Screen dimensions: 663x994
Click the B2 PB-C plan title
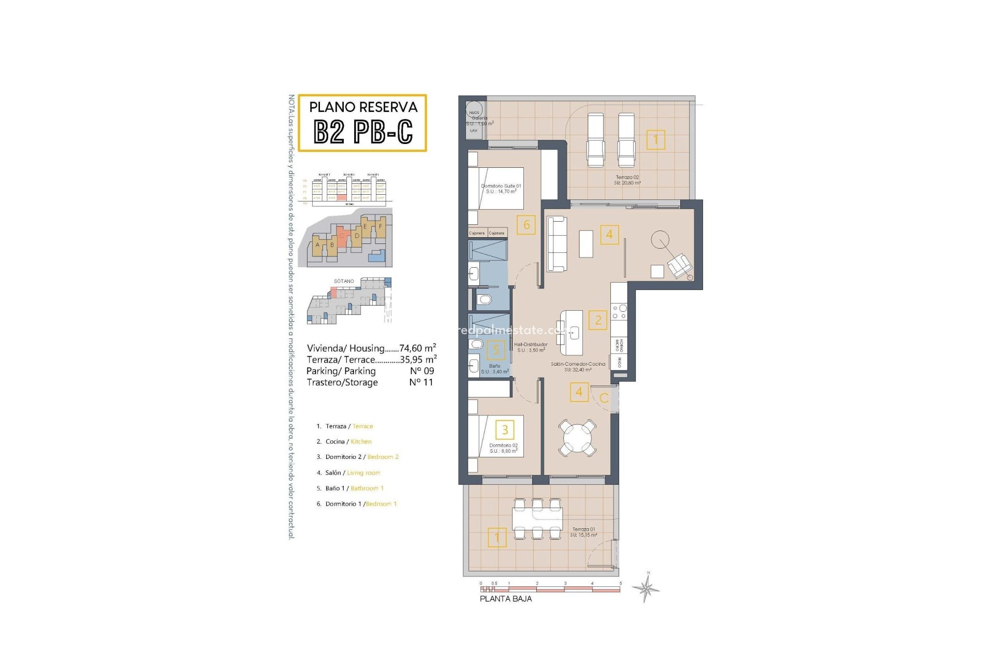click(x=363, y=132)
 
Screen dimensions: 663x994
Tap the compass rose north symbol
click(x=646, y=588)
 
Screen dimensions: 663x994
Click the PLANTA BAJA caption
click(x=505, y=599)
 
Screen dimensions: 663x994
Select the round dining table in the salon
click(x=577, y=438)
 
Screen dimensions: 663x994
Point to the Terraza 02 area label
click(x=627, y=180)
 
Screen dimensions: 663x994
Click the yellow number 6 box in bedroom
click(x=526, y=225)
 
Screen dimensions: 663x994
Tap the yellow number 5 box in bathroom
click(x=496, y=350)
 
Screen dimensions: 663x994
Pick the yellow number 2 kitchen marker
click(x=598, y=320)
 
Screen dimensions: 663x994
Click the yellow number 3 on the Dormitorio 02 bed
click(x=505, y=429)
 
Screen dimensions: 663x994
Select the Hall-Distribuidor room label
click(x=531, y=347)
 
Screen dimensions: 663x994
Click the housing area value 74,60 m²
click(x=417, y=348)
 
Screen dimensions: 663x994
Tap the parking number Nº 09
click(x=422, y=371)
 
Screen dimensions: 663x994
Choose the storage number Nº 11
click(x=421, y=382)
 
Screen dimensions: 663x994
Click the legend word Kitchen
click(x=361, y=442)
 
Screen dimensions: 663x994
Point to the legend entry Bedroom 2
click(x=383, y=457)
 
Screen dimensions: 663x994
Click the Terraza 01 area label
click(x=583, y=532)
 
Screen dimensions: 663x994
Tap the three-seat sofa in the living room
click(x=557, y=243)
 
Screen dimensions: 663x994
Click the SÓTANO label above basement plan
click(x=344, y=281)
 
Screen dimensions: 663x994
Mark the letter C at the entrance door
click(x=604, y=398)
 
